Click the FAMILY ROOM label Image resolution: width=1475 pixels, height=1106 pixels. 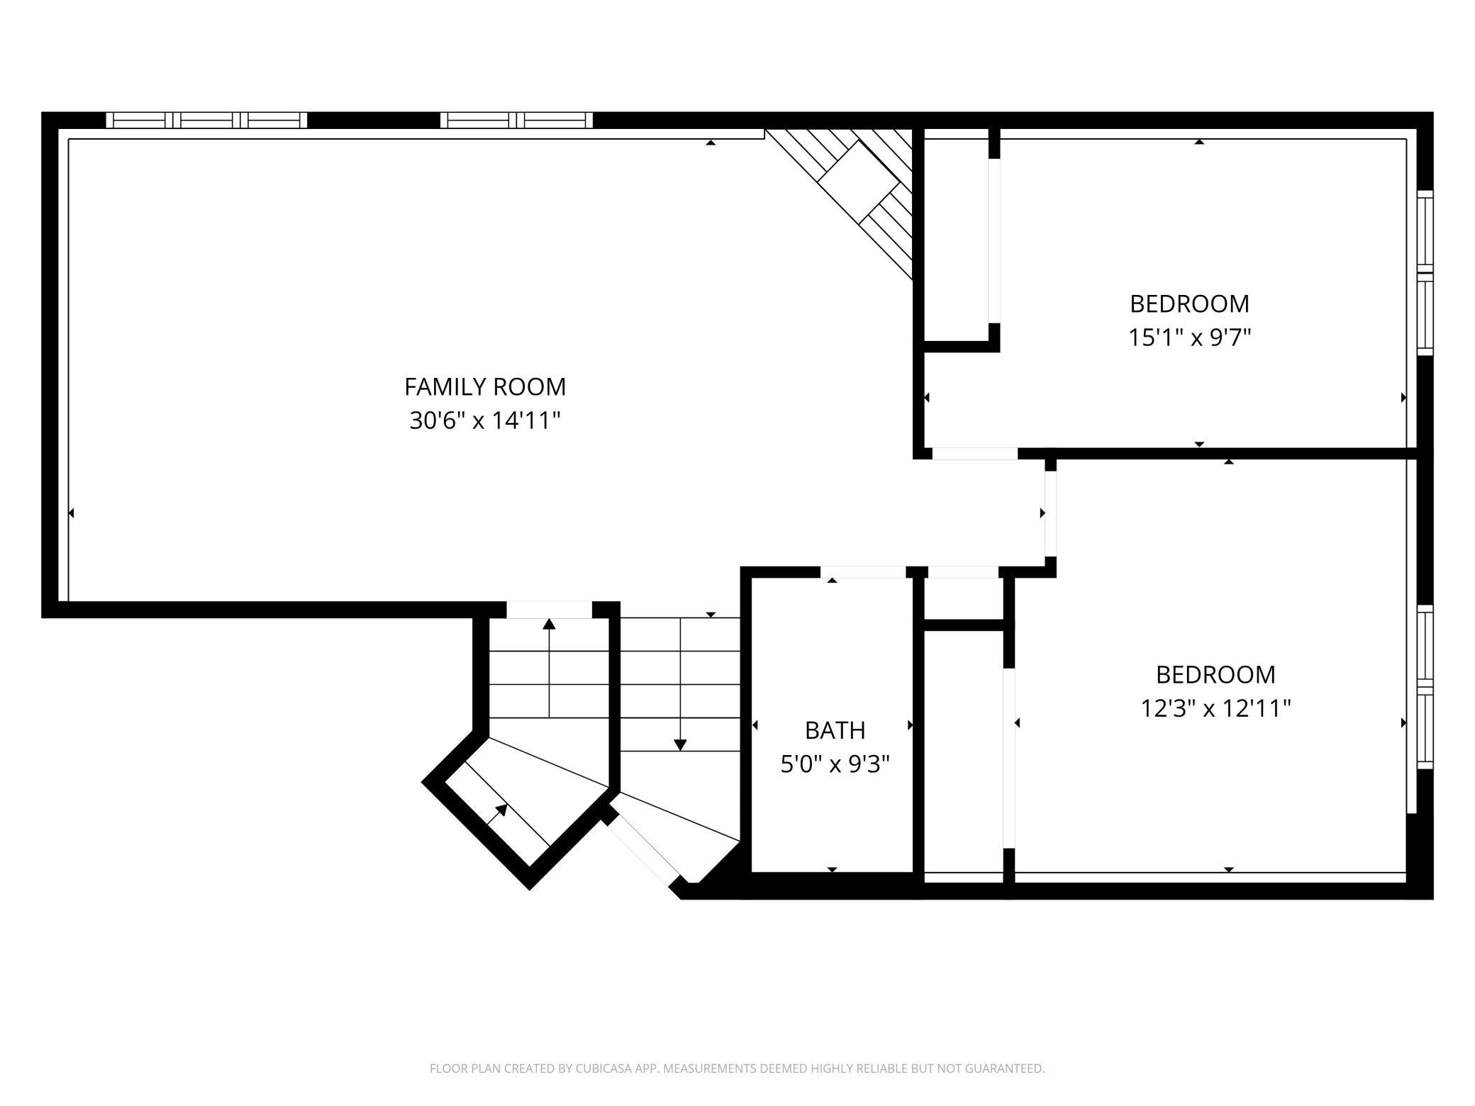pos(485,387)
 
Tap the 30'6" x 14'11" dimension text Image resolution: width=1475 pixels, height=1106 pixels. pos(485,421)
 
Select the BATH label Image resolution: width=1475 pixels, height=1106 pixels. pos(835,730)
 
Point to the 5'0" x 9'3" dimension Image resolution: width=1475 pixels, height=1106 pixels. pos(835,764)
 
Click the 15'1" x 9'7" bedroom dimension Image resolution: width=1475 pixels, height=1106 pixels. pos(1189,337)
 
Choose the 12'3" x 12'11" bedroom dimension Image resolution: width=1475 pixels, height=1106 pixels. pos(1215,708)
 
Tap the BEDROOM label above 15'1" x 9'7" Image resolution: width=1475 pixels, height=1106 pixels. pos(1189,303)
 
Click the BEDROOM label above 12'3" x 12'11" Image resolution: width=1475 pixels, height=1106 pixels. pos(1215,674)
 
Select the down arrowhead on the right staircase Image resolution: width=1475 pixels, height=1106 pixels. pos(680,745)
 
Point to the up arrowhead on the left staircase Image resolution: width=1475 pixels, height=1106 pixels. pos(549,624)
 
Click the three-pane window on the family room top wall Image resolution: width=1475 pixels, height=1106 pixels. pos(206,120)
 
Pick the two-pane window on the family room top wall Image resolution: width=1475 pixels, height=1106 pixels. pos(516,120)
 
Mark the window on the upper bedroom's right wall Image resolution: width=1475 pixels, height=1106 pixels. pos(1425,273)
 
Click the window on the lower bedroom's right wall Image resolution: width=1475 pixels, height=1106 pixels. pos(1425,687)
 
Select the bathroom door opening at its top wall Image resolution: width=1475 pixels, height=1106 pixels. pos(863,572)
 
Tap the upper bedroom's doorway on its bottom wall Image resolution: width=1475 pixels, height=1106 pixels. pos(975,454)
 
